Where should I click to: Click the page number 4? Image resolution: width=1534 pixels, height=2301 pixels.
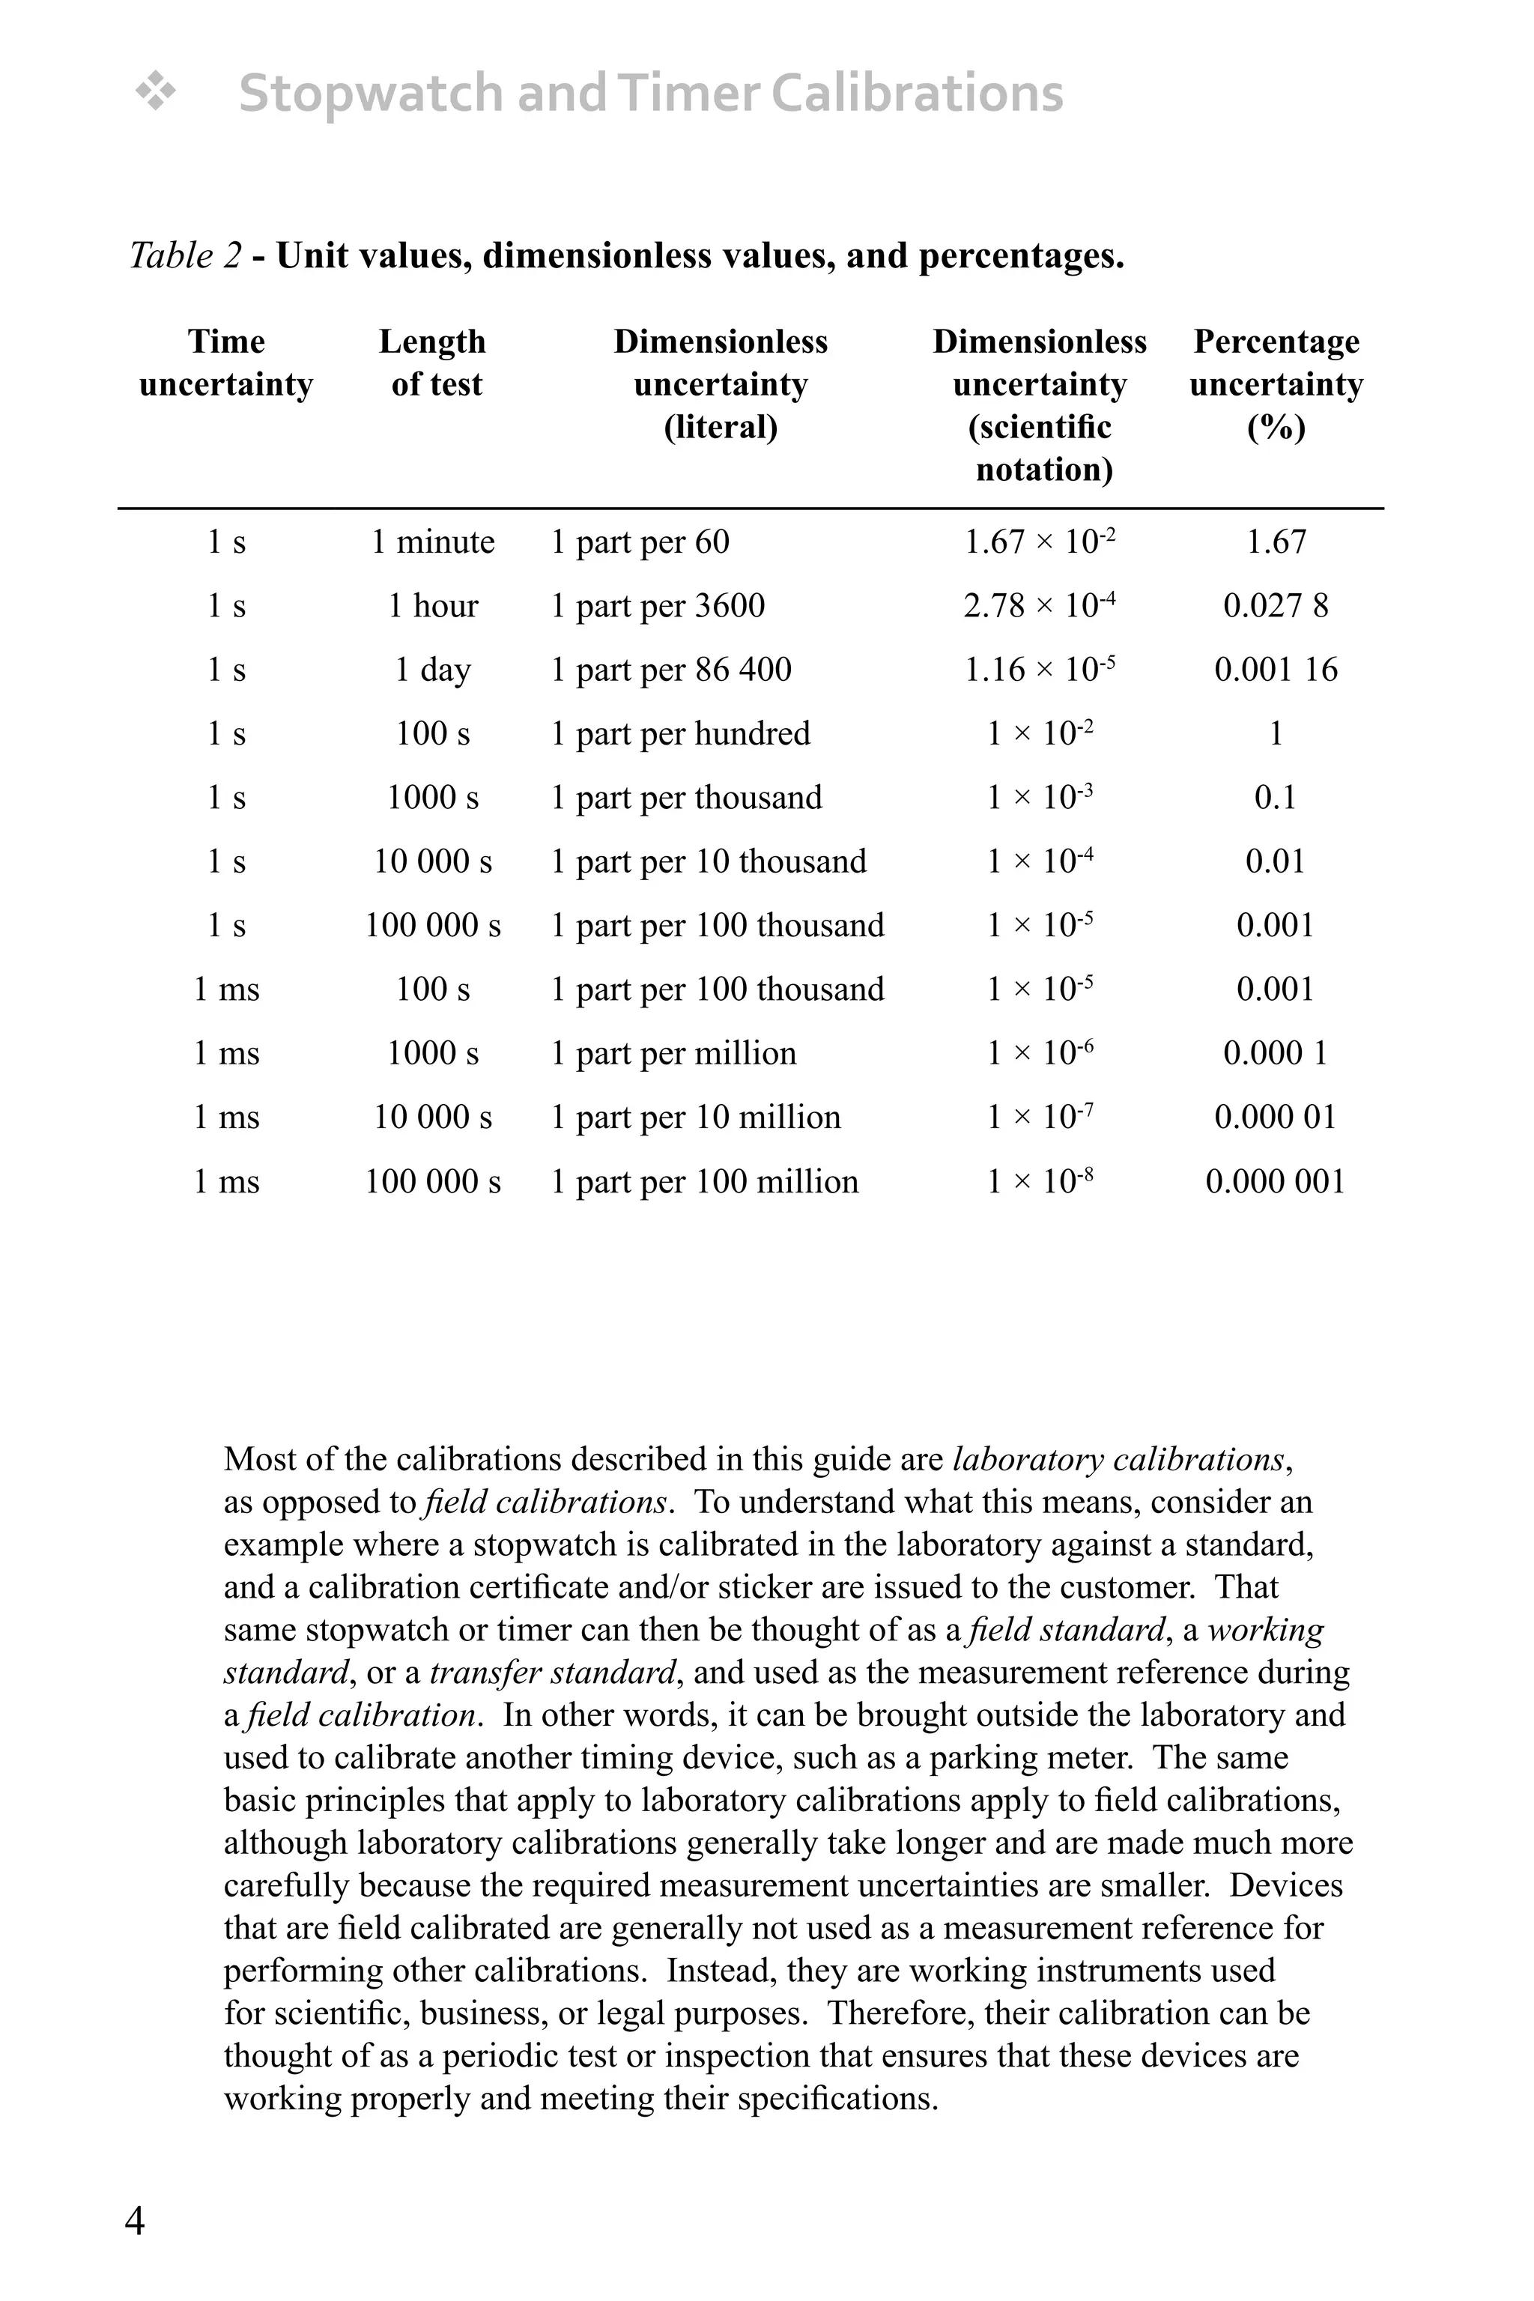pos(135,2222)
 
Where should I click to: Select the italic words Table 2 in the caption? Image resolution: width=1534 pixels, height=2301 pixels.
pos(185,256)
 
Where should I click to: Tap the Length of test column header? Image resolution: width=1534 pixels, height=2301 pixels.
pos(432,363)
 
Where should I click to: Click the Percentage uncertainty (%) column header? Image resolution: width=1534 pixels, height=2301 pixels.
pos(1276,383)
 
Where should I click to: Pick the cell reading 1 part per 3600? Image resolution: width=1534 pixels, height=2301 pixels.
pos(658,607)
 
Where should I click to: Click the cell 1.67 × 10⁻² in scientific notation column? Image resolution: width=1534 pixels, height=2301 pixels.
pos(1039,542)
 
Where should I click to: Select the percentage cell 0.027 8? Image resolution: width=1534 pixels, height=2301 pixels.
pos(1276,607)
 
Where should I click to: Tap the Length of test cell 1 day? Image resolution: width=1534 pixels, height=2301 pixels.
pos(432,670)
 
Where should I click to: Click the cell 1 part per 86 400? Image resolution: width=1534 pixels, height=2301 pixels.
pos(671,670)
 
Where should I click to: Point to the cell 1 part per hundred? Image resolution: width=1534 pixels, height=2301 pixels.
pos(681,734)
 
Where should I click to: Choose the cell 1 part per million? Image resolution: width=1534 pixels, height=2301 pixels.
pos(673,1054)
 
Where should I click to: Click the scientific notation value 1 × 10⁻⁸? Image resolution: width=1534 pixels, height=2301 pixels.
pos(1039,1182)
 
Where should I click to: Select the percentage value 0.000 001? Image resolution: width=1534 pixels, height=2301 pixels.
pos(1276,1182)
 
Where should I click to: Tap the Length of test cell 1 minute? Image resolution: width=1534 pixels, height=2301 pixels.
pos(432,542)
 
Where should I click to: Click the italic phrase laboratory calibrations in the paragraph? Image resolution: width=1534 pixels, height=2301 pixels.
pos(1118,1460)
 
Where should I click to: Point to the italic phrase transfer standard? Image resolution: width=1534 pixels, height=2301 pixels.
pos(554,1672)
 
